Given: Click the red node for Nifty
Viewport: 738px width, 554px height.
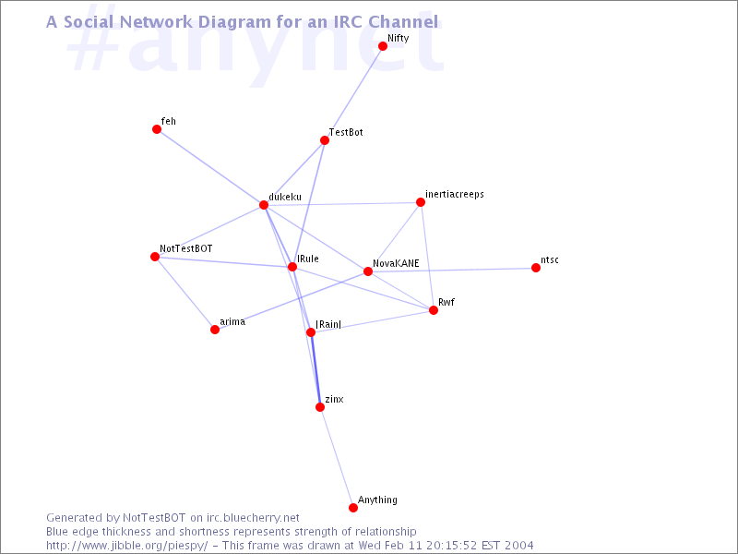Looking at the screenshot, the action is [383, 46].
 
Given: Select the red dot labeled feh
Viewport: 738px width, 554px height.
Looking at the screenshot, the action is [157, 129].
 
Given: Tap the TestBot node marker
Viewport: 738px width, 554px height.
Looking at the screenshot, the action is [325, 140].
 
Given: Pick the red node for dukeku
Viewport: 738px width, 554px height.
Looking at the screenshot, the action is [264, 205].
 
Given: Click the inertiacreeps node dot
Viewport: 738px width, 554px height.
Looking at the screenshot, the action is [421, 202].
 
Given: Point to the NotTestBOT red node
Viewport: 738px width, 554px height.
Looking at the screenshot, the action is [155, 257].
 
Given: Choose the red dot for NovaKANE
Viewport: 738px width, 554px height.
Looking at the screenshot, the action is [368, 271].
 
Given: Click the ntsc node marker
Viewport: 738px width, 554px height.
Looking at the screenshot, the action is [536, 268].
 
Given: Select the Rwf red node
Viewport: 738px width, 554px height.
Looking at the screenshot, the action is [434, 310].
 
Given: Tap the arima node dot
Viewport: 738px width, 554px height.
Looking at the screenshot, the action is [215, 330].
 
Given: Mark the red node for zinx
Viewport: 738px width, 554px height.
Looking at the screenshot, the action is [320, 407].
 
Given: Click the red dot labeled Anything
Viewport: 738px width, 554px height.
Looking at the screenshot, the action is [353, 507].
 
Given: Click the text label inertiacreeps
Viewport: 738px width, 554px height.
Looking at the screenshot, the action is [455, 195].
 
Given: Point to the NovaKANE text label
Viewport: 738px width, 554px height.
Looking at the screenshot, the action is [396, 263].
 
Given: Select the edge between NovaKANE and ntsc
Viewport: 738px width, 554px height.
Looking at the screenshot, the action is [452, 270].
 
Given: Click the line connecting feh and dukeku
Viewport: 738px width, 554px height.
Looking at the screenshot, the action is [210, 167].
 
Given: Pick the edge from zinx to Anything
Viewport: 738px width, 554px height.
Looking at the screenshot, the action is [337, 457].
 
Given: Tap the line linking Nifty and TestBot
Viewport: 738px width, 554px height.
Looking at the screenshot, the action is [353, 93].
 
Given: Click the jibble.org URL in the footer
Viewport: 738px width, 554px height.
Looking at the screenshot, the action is [126, 546].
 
